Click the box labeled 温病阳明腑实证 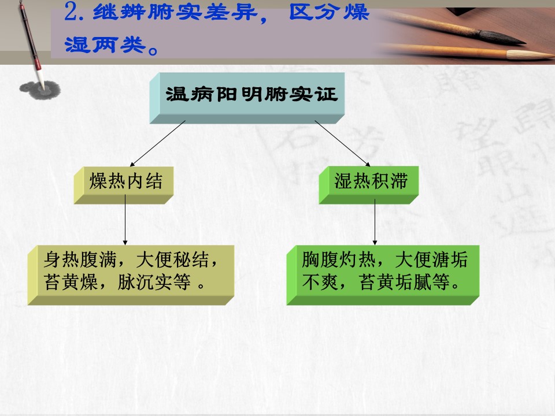click(x=247, y=98)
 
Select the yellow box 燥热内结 click(x=124, y=185)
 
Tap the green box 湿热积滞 click(x=368, y=185)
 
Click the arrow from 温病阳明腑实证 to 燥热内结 click(x=158, y=143)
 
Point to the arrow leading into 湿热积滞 click(x=342, y=143)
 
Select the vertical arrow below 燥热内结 click(x=125, y=220)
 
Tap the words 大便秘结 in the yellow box click(x=173, y=259)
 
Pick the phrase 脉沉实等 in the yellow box click(x=154, y=282)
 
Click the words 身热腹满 click(x=80, y=259)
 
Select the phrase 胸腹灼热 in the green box click(x=339, y=259)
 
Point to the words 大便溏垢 click(x=431, y=259)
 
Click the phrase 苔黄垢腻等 click(x=405, y=282)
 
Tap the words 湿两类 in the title click(x=105, y=45)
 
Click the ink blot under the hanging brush click(x=40, y=90)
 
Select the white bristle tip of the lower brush click(x=530, y=54)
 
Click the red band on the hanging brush click(x=38, y=65)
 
